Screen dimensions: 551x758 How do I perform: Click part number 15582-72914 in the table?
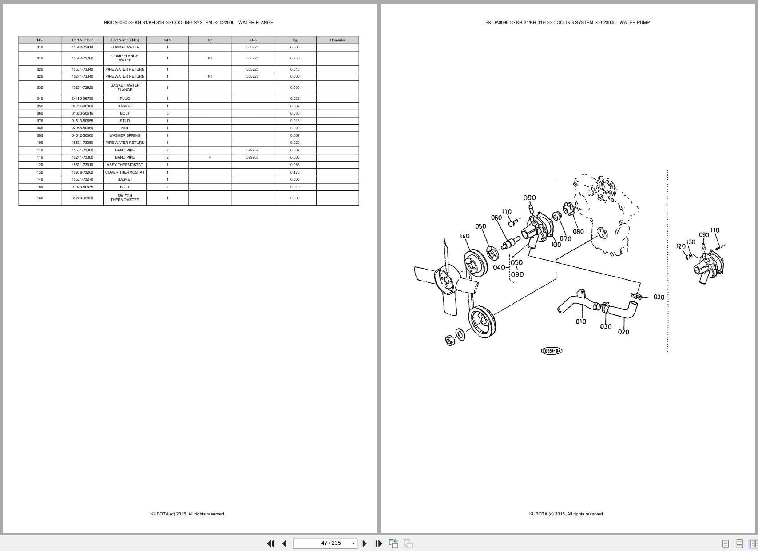pyautogui.click(x=82, y=47)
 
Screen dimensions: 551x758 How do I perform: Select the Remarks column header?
pyautogui.click(x=337, y=40)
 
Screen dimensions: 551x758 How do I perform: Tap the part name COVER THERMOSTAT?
pyautogui.click(x=125, y=172)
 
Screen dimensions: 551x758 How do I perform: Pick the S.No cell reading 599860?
pyautogui.click(x=252, y=157)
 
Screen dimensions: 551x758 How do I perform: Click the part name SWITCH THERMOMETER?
pyautogui.click(x=125, y=198)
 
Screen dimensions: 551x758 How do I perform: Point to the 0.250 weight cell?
pyautogui.click(x=295, y=58)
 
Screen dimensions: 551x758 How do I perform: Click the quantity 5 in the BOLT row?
pyautogui.click(x=167, y=113)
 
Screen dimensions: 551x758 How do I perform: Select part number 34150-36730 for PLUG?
pyautogui.click(x=82, y=99)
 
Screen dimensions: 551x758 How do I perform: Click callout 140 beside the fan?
pyautogui.click(x=464, y=236)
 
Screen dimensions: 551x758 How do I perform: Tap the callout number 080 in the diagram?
pyautogui.click(x=578, y=231)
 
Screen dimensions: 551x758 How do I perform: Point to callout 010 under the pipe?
pyautogui.click(x=580, y=321)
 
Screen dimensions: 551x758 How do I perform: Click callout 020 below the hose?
pyautogui.click(x=623, y=332)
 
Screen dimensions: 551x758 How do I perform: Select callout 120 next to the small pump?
pyautogui.click(x=681, y=246)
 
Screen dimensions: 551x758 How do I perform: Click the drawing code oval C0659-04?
pyautogui.click(x=552, y=351)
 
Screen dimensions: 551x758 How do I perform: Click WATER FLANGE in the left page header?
pyautogui.click(x=255, y=22)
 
